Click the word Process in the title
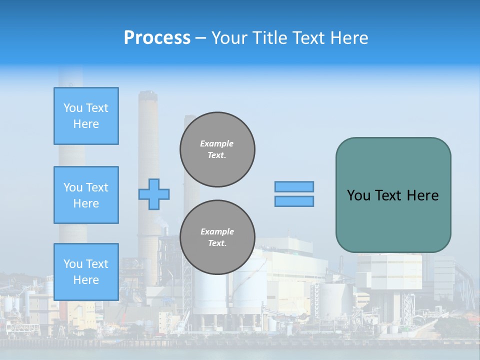[x=157, y=37]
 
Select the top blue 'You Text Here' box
[x=86, y=116]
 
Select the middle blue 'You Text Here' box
[x=86, y=195]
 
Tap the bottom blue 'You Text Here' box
[x=86, y=272]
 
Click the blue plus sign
[x=154, y=194]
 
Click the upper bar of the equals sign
[x=294, y=186]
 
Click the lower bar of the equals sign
[x=294, y=201]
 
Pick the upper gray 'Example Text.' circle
[x=217, y=149]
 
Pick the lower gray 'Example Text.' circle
[x=217, y=237]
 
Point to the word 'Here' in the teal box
[x=422, y=195]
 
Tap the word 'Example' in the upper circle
[x=216, y=143]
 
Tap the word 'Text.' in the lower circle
[x=216, y=243]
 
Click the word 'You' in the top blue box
[x=73, y=108]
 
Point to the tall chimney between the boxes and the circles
[x=148, y=150]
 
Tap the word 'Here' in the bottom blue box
[x=86, y=280]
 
